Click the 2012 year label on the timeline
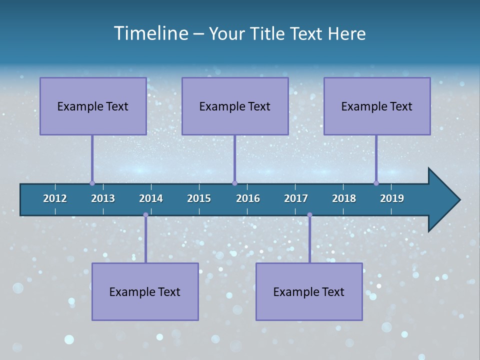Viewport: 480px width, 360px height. (x=55, y=198)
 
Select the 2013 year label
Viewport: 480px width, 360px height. (x=103, y=198)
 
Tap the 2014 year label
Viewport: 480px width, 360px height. (x=151, y=198)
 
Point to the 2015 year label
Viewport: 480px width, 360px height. (x=199, y=198)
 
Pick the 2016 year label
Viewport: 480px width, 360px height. (x=248, y=198)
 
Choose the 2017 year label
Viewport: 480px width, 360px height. (x=296, y=198)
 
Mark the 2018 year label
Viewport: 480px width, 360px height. (x=344, y=198)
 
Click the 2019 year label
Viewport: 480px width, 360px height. (x=392, y=198)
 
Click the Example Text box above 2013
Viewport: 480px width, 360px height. (x=93, y=106)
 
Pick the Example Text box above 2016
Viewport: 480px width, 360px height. (x=235, y=106)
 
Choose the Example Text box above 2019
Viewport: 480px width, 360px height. (x=377, y=106)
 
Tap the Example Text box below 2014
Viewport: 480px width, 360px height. (x=145, y=291)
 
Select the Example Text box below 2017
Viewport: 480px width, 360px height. (x=309, y=291)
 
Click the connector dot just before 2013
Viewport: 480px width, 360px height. (x=92, y=183)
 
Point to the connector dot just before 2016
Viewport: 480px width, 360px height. (x=234, y=183)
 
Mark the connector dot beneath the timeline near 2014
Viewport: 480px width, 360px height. (x=145, y=215)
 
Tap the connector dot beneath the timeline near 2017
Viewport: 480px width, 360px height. (x=309, y=215)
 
